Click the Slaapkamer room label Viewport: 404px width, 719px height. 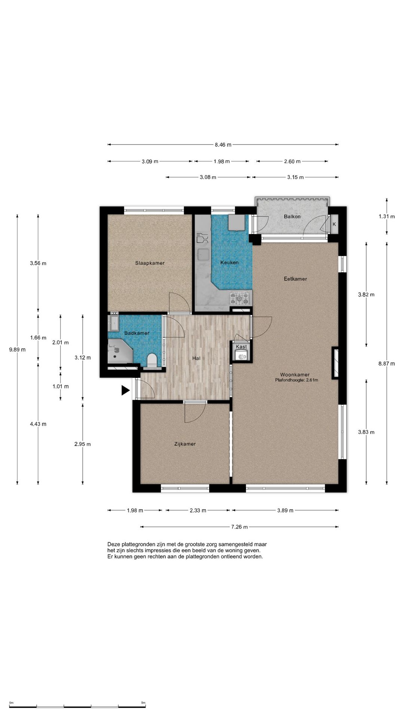pos(150,263)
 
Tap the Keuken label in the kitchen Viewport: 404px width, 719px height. pos(229,263)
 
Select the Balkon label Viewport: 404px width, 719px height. pos(292,216)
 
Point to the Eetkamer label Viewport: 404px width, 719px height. pos(295,279)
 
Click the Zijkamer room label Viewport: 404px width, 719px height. pos(185,444)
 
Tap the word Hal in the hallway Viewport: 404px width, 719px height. pos(196,358)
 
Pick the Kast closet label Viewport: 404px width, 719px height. pos(241,347)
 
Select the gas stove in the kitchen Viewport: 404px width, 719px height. pos(239,298)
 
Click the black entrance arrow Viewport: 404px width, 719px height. pos(125,391)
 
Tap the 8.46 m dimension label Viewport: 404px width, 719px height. pos(223,145)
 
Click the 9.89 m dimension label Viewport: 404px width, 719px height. pos(17,350)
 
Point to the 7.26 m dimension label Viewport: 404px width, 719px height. pos(239,527)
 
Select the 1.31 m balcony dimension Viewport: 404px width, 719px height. pos(386,216)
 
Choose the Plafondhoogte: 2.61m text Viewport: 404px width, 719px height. pos(296,380)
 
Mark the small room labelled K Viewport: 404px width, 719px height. pos(334,224)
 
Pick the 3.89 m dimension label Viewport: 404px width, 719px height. pos(285,510)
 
